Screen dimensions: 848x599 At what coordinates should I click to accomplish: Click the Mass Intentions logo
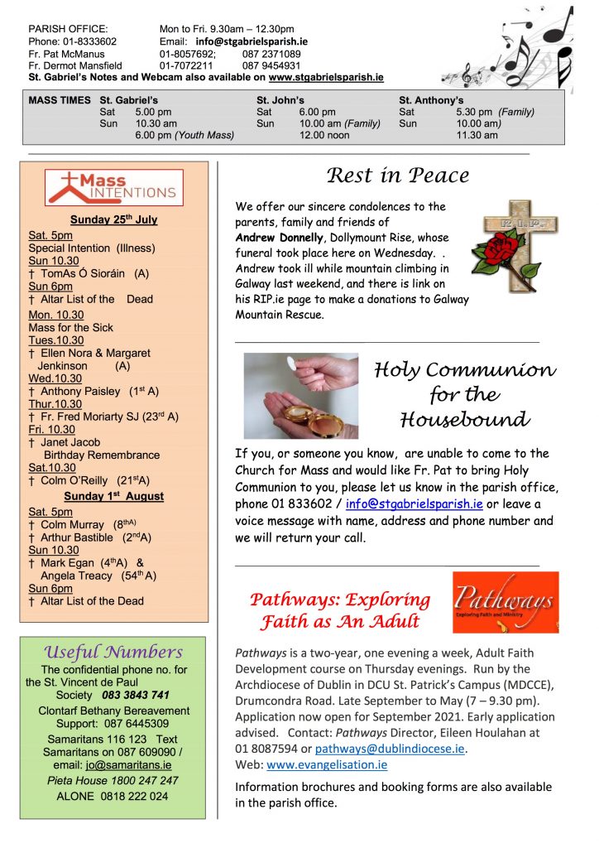tap(114, 186)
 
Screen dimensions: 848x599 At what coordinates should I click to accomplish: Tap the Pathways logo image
tap(505, 602)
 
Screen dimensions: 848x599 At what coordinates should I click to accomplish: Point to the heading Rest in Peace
tap(398, 176)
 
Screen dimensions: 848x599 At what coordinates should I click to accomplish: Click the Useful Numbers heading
tap(113, 653)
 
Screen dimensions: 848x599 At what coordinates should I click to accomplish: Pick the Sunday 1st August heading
tap(114, 496)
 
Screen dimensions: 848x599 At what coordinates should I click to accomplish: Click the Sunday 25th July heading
tap(113, 220)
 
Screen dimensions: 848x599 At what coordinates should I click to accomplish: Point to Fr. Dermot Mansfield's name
tap(75, 65)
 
